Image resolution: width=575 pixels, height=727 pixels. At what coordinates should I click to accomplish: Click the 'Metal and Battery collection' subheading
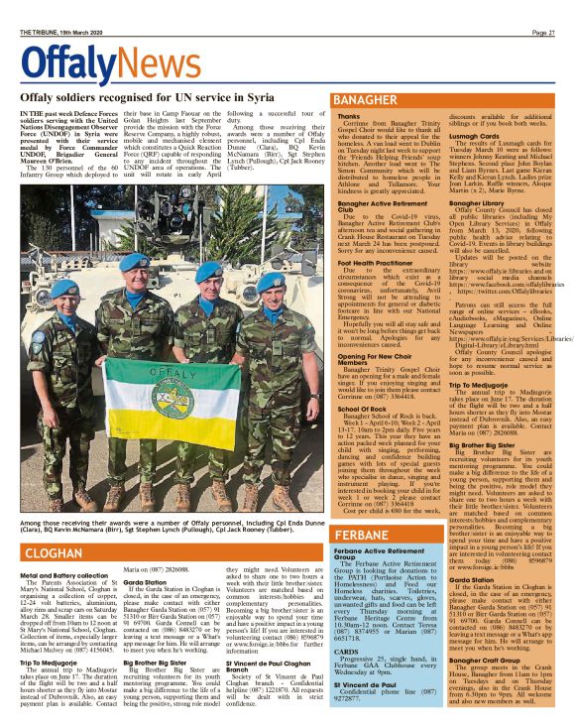coord(61,574)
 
